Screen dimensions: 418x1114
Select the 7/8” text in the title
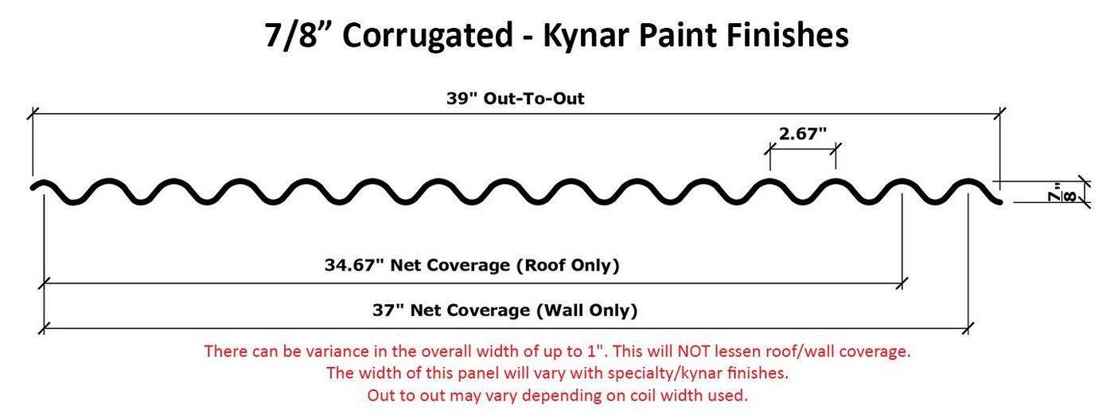[x=301, y=36]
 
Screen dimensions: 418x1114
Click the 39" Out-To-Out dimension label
[x=516, y=100]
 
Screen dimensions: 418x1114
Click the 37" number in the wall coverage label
[x=387, y=311]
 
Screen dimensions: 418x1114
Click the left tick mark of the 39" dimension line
[x=33, y=115]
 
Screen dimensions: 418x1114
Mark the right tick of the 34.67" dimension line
[x=902, y=281]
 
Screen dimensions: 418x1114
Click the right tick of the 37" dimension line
[x=968, y=326]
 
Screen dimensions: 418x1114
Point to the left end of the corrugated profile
[x=34, y=187]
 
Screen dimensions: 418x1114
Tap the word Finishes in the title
[x=789, y=36]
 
